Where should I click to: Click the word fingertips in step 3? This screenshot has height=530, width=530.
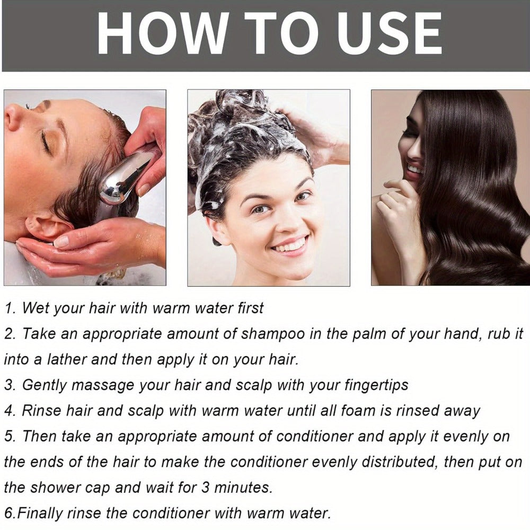376,385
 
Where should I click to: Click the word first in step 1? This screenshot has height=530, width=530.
250,308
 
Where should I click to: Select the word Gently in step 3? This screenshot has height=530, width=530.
45,385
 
